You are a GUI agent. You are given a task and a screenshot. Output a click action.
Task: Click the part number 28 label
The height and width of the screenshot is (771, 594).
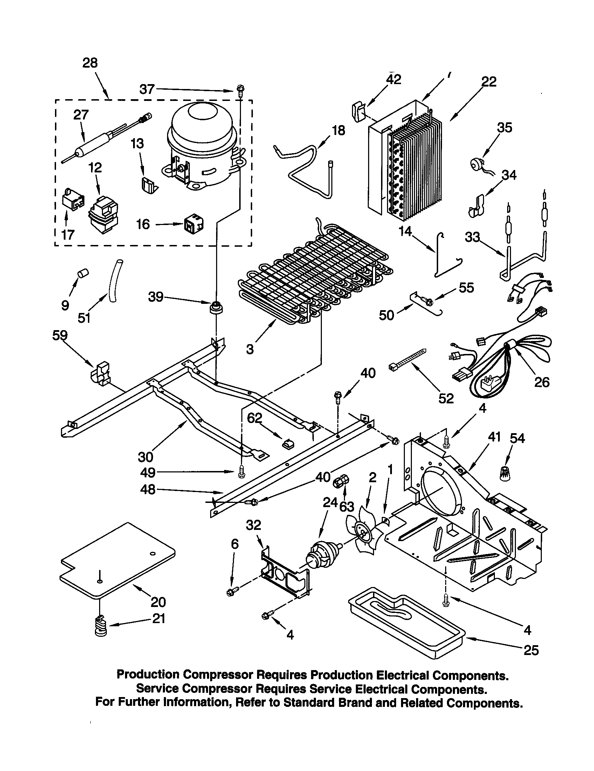coord(90,63)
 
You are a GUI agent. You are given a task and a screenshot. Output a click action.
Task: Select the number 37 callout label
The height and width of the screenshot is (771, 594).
coord(147,89)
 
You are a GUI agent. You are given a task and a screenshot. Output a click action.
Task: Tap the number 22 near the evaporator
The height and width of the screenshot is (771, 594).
coord(489,82)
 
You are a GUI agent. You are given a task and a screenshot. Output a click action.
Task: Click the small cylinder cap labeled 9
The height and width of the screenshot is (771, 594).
coord(83,273)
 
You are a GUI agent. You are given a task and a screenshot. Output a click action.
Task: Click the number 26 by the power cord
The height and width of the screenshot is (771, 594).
coord(541,382)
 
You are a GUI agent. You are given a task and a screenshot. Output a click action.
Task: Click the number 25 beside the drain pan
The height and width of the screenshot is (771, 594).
coord(531,650)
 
